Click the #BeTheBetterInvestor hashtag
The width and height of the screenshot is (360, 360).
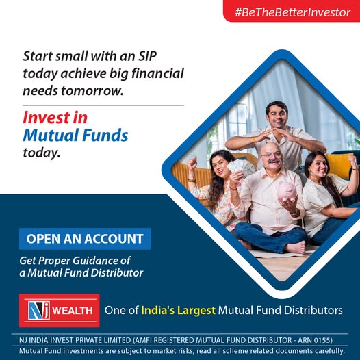(293, 12)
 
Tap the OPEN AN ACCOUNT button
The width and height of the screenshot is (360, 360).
(85, 239)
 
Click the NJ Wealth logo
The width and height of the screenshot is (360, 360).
(60, 311)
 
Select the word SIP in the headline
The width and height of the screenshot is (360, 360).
(147, 56)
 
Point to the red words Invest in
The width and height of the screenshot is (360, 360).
(55, 117)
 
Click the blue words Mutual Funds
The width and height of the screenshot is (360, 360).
(75, 135)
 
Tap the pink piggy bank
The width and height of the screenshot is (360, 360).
(287, 191)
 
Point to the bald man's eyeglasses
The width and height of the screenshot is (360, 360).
(272, 155)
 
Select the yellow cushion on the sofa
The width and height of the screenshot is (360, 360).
(339, 166)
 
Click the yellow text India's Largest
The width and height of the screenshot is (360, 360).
(179, 311)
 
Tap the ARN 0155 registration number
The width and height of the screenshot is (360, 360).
(314, 340)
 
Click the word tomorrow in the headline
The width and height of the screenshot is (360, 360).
(92, 91)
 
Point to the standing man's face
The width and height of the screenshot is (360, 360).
(278, 116)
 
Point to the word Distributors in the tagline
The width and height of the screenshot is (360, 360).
(313, 311)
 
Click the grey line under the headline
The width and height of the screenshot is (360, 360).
(103, 105)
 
